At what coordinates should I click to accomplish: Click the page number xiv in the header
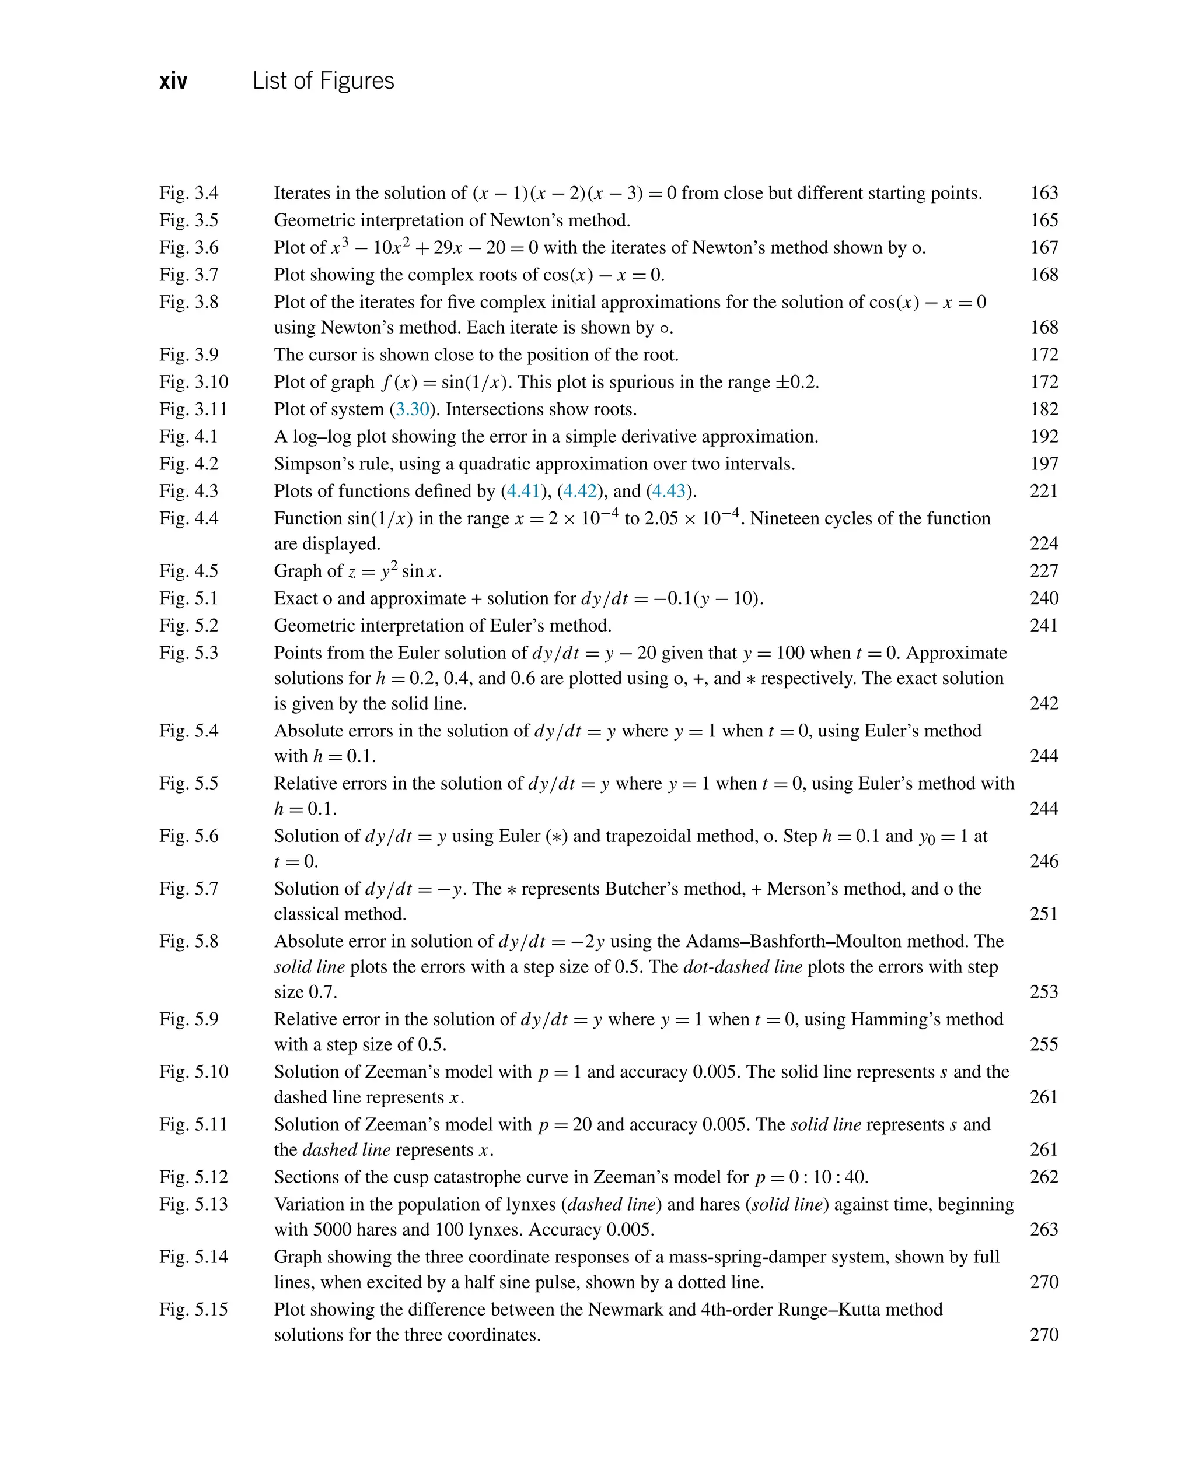173,82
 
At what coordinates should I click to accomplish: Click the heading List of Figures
323,81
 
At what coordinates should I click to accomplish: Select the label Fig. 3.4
188,194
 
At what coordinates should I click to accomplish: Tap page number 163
1043,194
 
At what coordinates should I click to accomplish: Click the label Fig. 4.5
188,571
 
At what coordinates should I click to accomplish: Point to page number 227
1043,571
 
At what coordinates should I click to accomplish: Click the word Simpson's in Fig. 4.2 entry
308,464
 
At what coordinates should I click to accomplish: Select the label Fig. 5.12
194,1177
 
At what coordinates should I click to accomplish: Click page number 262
1043,1177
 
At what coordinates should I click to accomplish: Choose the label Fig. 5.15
194,1309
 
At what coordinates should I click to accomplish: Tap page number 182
1043,409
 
